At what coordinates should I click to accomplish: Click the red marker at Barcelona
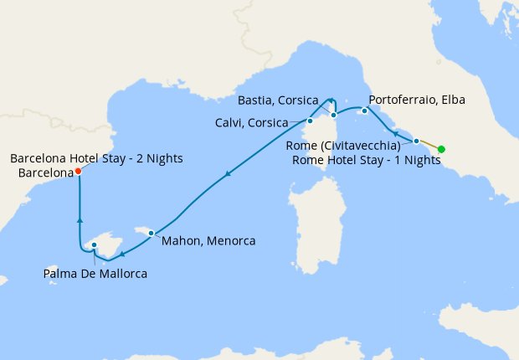78,171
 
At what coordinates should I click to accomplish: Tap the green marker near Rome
441,150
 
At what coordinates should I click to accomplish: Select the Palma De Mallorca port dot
95,245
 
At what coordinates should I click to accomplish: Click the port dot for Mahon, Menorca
151,233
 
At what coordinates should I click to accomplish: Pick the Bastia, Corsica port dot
333,115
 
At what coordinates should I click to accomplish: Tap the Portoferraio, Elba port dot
365,111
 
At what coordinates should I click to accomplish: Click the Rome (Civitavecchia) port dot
416,141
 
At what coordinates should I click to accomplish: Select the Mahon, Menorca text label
209,241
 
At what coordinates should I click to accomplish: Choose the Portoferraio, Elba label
417,100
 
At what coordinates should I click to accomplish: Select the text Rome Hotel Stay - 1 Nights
367,160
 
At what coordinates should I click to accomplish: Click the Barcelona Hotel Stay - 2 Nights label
96,158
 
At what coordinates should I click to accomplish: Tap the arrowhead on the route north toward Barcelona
80,219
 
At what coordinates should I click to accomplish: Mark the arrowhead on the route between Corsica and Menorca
227,174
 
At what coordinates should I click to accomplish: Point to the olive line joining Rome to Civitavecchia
429,145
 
